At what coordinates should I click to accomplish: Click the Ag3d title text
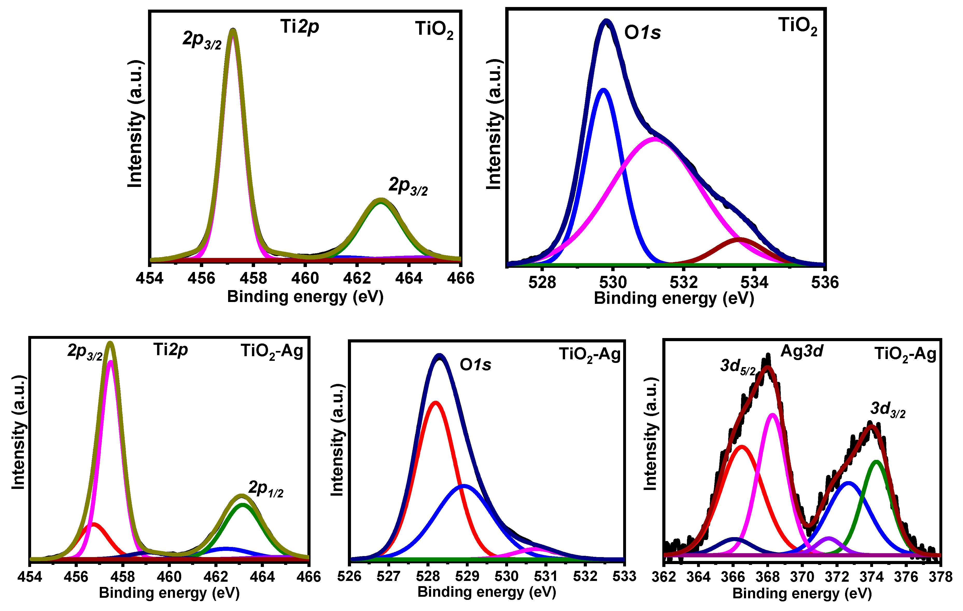802,351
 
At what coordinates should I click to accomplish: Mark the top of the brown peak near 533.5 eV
739,239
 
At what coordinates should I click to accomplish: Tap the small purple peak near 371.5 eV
828,538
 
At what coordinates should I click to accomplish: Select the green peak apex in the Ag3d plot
877,462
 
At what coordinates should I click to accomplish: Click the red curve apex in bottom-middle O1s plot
435,402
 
